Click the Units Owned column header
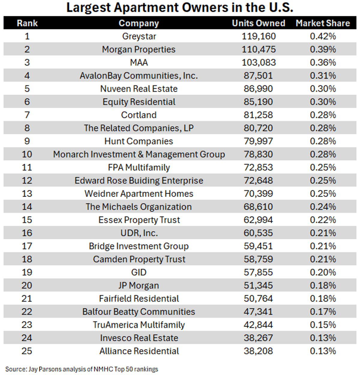tap(258, 23)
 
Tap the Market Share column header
tap(323, 23)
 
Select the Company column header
tap(139, 23)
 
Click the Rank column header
tap(27, 23)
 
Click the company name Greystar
tap(139, 36)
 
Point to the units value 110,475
tap(259, 49)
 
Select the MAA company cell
tap(139, 62)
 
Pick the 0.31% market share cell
tap(323, 76)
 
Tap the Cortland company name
tap(139, 115)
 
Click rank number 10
tap(27, 154)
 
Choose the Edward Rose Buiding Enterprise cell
tap(139, 180)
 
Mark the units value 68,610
tap(258, 207)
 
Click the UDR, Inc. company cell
tap(139, 233)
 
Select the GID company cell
tap(139, 272)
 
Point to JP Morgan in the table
tap(139, 286)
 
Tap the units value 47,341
tap(258, 312)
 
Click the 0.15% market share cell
tap(323, 325)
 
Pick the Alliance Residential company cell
tap(139, 351)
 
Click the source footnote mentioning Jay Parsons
tap(82, 369)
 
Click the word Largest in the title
tap(88, 8)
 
